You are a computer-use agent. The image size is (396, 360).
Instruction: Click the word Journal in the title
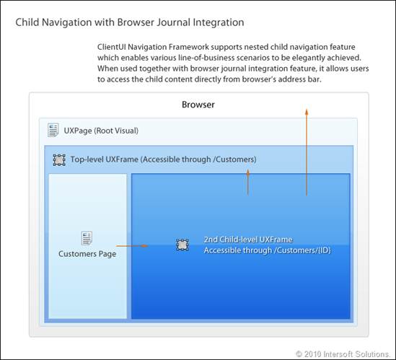coord(172,22)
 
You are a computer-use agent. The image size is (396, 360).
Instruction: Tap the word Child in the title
coord(27,22)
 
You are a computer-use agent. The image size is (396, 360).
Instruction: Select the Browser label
coord(198,105)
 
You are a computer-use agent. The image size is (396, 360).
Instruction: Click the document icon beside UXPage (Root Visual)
coord(53,130)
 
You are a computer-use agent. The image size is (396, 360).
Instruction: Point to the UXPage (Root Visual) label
coord(101,131)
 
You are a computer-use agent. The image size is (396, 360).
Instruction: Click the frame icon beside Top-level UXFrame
coord(59,160)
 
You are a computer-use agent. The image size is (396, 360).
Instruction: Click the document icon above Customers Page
coord(87,238)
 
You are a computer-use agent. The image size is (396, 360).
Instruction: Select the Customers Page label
coord(87,254)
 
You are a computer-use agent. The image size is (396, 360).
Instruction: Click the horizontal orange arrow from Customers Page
coord(132,246)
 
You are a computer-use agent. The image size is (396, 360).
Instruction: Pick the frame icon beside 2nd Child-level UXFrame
coord(182,245)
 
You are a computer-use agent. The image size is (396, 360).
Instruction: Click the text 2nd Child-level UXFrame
coord(248,240)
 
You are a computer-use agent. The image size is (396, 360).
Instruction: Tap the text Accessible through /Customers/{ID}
coord(267,250)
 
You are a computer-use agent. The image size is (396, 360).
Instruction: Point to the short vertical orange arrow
coord(248,182)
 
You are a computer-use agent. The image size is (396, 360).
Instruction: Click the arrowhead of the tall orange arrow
coord(307,112)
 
